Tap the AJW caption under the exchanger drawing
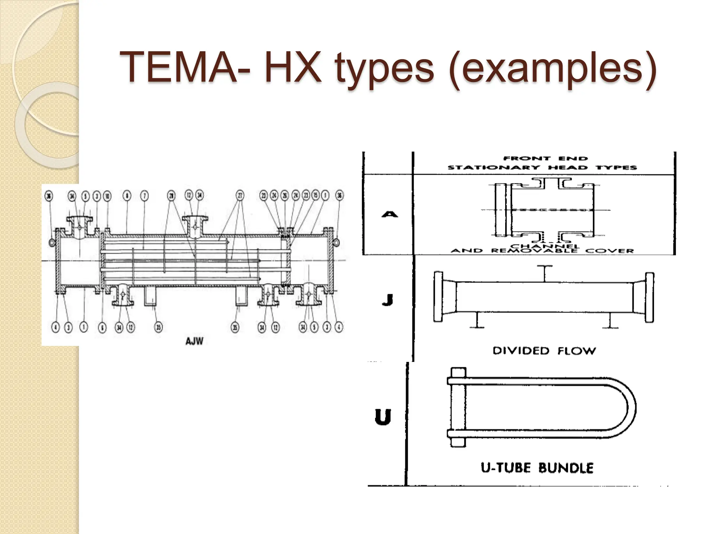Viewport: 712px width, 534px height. coord(194,341)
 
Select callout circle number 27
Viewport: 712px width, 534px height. coord(240,195)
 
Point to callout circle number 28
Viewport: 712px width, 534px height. coord(171,196)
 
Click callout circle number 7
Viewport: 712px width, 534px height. coord(144,196)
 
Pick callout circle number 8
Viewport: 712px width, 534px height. coord(127,196)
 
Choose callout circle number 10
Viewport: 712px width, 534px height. coord(107,196)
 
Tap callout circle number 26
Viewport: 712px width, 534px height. coord(285,195)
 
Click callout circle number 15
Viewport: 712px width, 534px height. coord(315,195)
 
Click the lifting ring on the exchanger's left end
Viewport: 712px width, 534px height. coord(51,242)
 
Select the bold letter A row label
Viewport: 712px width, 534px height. coord(389,214)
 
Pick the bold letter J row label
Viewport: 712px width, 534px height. coord(387,299)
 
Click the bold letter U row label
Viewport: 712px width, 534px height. coord(383,417)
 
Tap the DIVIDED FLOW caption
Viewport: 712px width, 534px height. coord(544,351)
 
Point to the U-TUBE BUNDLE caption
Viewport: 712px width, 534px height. coord(537,468)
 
